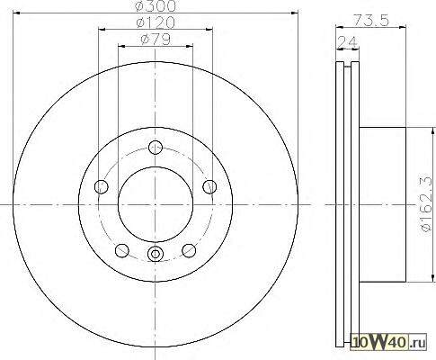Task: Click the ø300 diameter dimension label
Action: click(156, 6)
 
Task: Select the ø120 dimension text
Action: click(156, 22)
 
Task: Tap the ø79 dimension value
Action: click(156, 40)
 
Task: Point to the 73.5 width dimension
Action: click(370, 21)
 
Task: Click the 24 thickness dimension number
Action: click(347, 42)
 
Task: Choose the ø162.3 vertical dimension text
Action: click(427, 204)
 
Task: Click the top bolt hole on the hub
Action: click(156, 148)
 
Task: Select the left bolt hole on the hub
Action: click(102, 187)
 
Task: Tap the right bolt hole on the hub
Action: click(209, 187)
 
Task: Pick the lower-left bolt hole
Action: click(122, 250)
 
